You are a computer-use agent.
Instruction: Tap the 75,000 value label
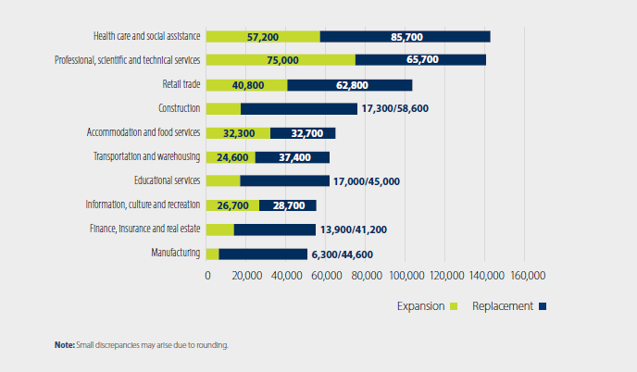click(x=282, y=60)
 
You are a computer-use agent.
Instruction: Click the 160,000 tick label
click(x=525, y=276)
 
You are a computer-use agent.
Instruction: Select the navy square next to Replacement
click(x=543, y=305)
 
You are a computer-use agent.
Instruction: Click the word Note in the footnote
click(x=64, y=345)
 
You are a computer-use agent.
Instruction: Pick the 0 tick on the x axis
click(x=207, y=276)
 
